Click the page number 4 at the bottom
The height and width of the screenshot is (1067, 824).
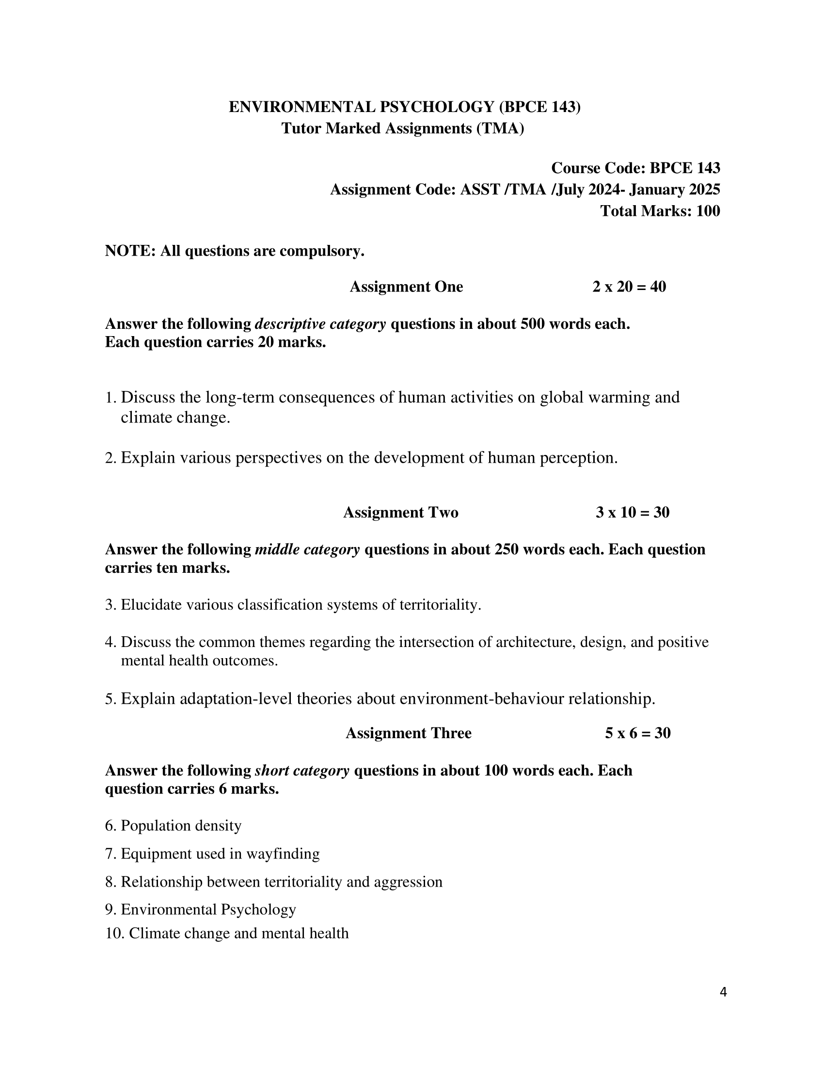pos(723,992)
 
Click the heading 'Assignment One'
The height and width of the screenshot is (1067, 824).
pos(406,287)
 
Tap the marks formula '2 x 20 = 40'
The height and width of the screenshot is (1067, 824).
pos(629,287)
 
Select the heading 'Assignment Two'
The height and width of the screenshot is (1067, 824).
pos(401,513)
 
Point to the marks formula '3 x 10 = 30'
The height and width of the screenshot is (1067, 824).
pos(632,513)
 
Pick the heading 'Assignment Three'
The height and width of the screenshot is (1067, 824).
pos(408,733)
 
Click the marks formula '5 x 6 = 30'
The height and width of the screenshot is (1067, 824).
pos(637,733)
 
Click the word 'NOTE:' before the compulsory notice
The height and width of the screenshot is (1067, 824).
pos(130,251)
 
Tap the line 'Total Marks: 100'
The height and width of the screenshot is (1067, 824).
pos(660,211)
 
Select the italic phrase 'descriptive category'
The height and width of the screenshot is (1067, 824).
pos(320,324)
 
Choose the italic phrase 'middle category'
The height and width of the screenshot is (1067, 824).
pos(307,550)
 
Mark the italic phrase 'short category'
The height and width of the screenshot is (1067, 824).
pos(302,771)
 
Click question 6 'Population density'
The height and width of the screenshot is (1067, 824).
pos(174,825)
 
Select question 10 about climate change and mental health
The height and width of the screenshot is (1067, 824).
pos(227,933)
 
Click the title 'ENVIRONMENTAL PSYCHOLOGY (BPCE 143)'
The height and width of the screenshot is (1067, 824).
pos(405,107)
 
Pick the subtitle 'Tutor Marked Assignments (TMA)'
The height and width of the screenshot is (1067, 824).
pos(403,129)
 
